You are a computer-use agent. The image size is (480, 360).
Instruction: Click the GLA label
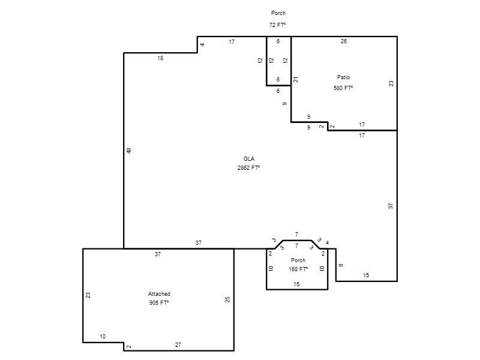pyautogui.click(x=249, y=158)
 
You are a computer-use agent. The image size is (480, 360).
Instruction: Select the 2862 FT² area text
pyautogui.click(x=248, y=168)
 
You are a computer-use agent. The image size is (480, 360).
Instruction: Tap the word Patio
pyautogui.click(x=343, y=77)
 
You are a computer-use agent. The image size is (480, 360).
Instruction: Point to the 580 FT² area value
pyautogui.click(x=343, y=88)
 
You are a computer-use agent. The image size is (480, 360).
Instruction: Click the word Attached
pyautogui.click(x=159, y=294)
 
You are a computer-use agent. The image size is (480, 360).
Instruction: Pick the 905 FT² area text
pyautogui.click(x=159, y=303)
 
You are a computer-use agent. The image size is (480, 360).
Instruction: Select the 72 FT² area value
pyautogui.click(x=278, y=25)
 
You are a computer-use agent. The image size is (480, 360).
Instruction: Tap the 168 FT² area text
pyautogui.click(x=298, y=269)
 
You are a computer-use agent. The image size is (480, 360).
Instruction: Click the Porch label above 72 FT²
pyautogui.click(x=278, y=13)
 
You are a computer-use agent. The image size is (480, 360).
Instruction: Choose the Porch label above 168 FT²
pyautogui.click(x=298, y=260)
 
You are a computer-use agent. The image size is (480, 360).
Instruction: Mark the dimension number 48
pyautogui.click(x=129, y=151)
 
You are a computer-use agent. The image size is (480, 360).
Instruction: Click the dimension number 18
pyautogui.click(x=160, y=58)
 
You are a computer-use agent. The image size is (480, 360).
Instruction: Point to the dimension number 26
pyautogui.click(x=344, y=41)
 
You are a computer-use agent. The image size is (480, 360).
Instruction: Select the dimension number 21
pyautogui.click(x=295, y=80)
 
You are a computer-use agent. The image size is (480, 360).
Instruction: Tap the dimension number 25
pyautogui.click(x=227, y=299)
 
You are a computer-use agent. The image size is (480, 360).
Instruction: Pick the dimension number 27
pyautogui.click(x=178, y=344)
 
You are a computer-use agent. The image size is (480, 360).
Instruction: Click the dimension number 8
pyautogui.click(x=341, y=265)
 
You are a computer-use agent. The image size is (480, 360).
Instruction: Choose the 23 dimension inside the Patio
pyautogui.click(x=391, y=83)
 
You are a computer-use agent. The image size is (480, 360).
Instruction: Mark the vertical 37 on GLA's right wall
pyautogui.click(x=391, y=206)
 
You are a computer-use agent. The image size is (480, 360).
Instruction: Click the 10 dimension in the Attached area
pyautogui.click(x=103, y=337)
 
